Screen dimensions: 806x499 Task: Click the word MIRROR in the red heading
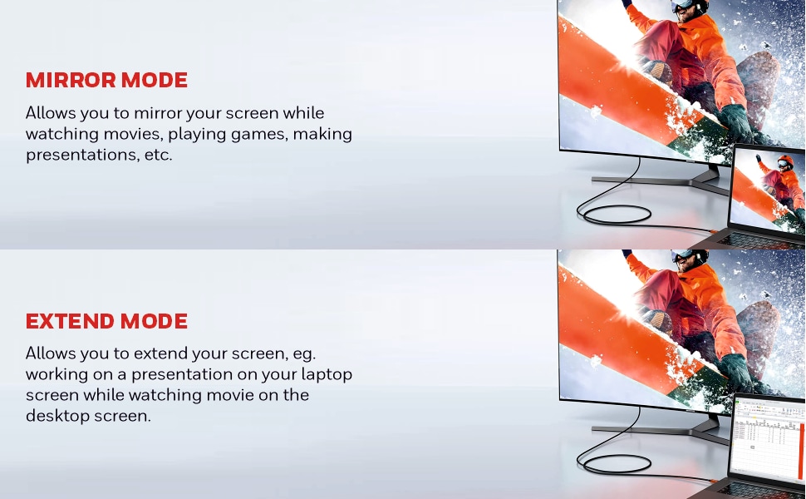(71, 80)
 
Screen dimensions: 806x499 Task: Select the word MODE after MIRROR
(155, 80)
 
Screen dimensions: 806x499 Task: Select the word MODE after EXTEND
(155, 321)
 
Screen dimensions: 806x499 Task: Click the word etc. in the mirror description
(159, 155)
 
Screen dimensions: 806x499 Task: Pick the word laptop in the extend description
(327, 374)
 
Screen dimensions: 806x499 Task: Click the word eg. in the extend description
(304, 354)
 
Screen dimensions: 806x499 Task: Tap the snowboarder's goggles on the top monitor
(683, 6)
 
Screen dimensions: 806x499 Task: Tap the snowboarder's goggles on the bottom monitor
(684, 255)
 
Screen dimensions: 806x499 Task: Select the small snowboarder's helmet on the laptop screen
(785, 161)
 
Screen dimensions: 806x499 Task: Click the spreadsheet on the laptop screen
(769, 439)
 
